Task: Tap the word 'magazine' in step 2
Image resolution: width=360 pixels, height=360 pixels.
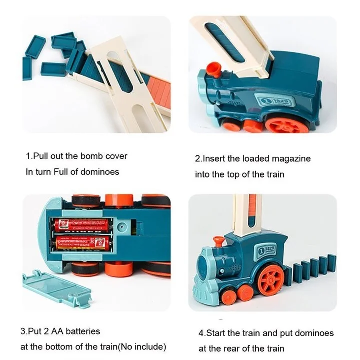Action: point(291,159)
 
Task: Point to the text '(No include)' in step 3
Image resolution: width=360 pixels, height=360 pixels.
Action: point(141,347)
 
